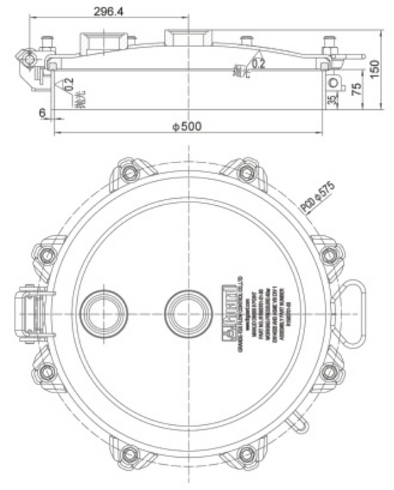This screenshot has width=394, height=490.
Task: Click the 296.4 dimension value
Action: (x=107, y=12)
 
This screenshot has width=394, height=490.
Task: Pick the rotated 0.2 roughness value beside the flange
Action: (x=69, y=85)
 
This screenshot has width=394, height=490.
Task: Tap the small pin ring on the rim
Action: (x=299, y=423)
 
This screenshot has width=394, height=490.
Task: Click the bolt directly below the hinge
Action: (x=46, y=370)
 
